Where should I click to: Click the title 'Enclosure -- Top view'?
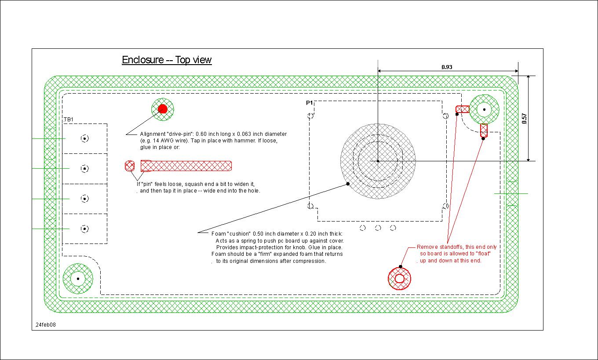167,60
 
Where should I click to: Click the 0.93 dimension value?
447,67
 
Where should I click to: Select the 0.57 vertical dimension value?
524,118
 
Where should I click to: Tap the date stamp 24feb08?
46,325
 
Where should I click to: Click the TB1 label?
68,120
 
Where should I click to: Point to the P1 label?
310,103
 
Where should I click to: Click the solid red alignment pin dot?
162,109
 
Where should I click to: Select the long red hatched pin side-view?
186,166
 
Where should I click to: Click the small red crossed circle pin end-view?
130,166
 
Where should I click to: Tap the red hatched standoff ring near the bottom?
399,279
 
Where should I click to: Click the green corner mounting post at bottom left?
78,278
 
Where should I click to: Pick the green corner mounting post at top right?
484,109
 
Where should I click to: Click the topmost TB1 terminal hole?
85,138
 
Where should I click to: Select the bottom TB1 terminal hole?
85,229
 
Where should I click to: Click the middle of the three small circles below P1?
378,227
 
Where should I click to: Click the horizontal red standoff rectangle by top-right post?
462,109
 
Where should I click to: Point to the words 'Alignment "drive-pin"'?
167,134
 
